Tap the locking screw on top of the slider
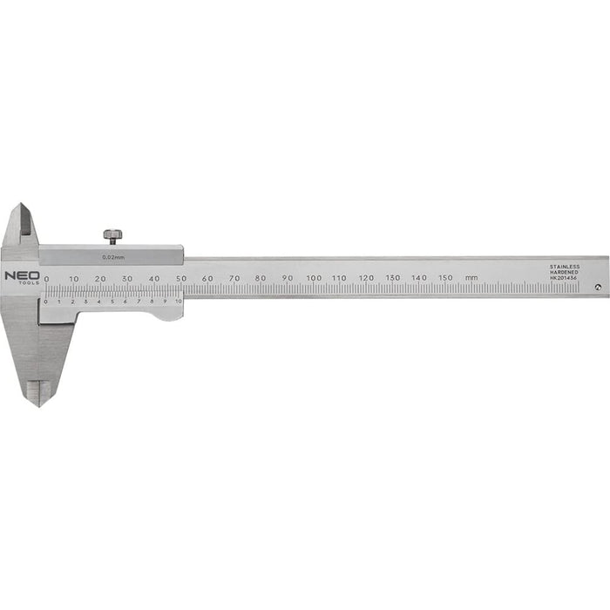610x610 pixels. point(112,235)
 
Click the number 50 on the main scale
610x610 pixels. point(180,278)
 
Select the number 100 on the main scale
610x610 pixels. point(314,278)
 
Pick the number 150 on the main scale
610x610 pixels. point(445,278)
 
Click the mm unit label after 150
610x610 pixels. point(471,278)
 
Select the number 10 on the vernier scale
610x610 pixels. point(178,302)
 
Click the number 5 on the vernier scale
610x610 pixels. point(112,302)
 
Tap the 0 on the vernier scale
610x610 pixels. point(46,302)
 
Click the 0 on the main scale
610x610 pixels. point(47,278)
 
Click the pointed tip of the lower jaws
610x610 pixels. point(36,403)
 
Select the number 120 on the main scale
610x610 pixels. point(366,278)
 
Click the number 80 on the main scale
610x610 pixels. point(261,278)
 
